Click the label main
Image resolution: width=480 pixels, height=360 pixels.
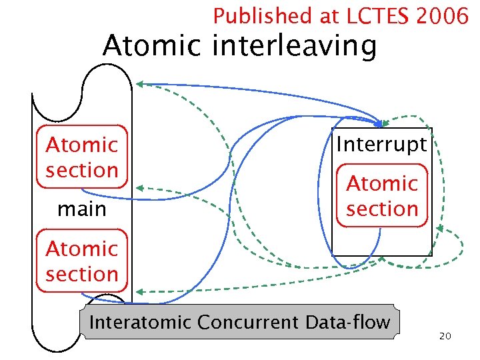(81, 209)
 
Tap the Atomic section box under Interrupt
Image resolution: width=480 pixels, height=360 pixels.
(382, 195)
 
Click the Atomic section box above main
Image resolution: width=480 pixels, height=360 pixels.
(81, 157)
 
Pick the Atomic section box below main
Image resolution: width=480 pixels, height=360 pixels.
(81, 261)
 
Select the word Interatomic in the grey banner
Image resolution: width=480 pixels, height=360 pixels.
(140, 323)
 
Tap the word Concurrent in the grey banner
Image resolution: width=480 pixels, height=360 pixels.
(247, 323)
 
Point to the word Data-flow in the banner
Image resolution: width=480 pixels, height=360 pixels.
(347, 323)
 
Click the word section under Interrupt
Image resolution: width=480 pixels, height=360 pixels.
(382, 209)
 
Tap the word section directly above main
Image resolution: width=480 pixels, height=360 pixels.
(81, 170)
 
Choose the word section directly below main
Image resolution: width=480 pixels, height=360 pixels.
(81, 274)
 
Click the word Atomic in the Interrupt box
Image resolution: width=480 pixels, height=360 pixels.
(382, 183)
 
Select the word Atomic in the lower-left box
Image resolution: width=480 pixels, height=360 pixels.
(81, 249)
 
